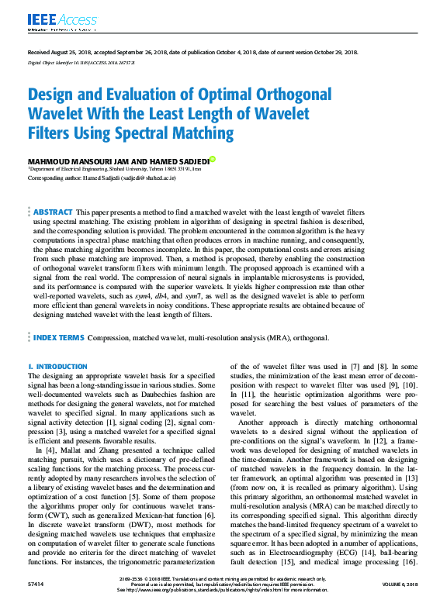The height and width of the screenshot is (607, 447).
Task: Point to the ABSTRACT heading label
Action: click(x=53, y=212)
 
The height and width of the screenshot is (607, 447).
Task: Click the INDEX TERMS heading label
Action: click(x=58, y=338)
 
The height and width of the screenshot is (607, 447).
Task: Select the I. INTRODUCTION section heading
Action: click(x=57, y=366)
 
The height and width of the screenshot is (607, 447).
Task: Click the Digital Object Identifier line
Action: click(x=76, y=61)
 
